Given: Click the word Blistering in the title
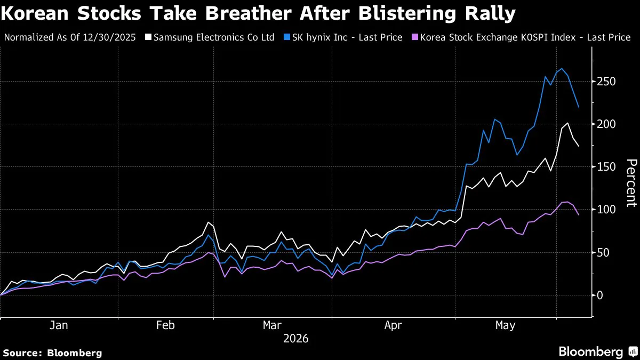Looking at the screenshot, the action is click(407, 14).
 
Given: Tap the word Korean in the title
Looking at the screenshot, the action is click(35, 13).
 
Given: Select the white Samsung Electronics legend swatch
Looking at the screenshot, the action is click(148, 37).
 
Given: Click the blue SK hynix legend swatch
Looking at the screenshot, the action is click(286, 37).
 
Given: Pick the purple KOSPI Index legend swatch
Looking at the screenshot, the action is click(414, 37).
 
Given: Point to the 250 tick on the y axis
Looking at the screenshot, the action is click(606, 82).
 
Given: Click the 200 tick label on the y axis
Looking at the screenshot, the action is click(606, 124).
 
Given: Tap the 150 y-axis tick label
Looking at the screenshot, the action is click(606, 167).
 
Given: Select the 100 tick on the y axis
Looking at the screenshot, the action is click(606, 210).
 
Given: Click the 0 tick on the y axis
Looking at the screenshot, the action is click(599, 295).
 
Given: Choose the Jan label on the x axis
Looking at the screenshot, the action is click(59, 325).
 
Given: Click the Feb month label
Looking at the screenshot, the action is click(165, 325).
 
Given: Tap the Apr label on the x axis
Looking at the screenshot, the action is click(393, 325).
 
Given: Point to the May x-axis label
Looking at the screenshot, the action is click(505, 325).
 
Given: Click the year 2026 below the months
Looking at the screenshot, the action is click(295, 339).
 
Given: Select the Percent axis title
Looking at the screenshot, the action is click(631, 183).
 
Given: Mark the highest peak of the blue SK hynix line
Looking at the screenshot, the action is click(562, 69).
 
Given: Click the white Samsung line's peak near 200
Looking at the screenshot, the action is click(567, 123).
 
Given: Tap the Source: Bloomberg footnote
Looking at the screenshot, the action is click(53, 353).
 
